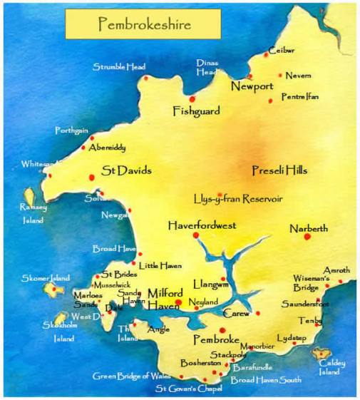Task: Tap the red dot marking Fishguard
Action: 192,99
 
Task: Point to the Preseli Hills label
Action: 279,170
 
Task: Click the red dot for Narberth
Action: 307,237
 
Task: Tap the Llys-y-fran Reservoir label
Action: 238,198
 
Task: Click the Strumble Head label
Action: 119,67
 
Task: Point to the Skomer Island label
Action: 46,277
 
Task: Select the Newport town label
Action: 252,87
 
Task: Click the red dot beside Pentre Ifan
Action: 271,101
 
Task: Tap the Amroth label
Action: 336,271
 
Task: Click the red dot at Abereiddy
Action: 85,140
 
